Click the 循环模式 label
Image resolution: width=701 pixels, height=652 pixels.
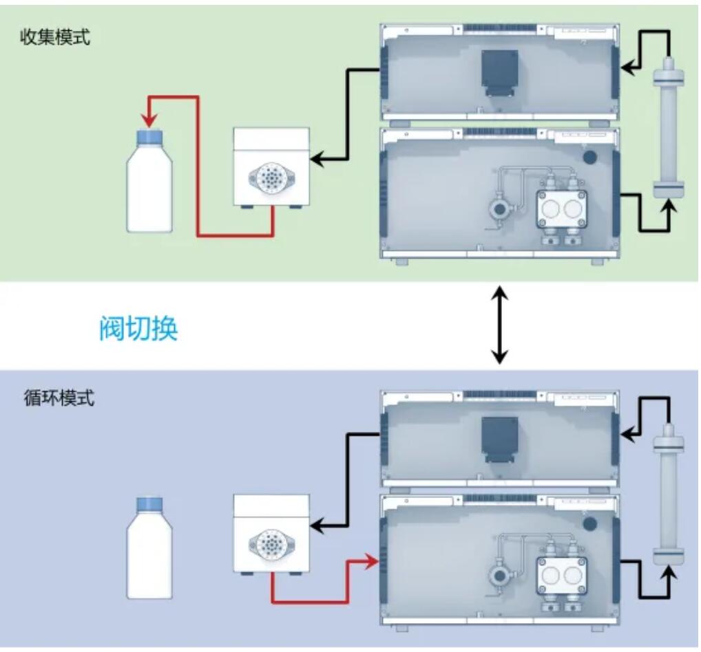click(x=59, y=398)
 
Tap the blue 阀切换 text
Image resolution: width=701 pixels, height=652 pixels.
click(x=138, y=329)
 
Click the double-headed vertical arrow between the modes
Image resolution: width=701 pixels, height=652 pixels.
click(x=501, y=326)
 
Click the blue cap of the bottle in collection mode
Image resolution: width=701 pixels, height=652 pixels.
click(x=149, y=138)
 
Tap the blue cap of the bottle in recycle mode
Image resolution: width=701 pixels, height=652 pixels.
click(x=149, y=504)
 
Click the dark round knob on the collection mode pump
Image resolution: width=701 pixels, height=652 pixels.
click(x=589, y=156)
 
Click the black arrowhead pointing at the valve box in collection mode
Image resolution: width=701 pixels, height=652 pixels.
click(x=317, y=160)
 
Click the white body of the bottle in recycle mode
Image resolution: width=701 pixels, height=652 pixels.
click(x=149, y=557)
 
